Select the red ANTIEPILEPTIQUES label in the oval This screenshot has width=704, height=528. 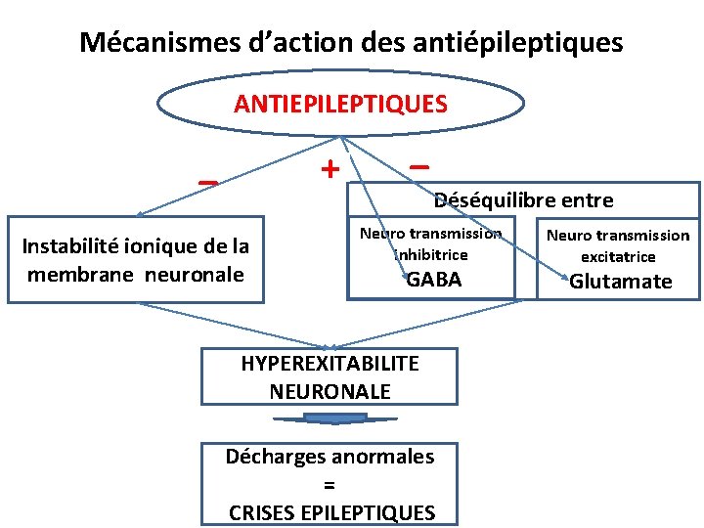pyautogui.click(x=340, y=104)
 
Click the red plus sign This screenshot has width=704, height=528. pyautogui.click(x=330, y=169)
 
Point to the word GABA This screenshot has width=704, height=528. pyautogui.click(x=434, y=280)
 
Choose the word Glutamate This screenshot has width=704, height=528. pyautogui.click(x=621, y=282)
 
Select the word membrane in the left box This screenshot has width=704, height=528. pyautogui.click(x=82, y=274)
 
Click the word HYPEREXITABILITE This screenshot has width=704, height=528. pyautogui.click(x=330, y=363)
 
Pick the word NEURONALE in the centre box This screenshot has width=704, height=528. pyautogui.click(x=330, y=391)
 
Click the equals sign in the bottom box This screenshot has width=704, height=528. pyautogui.click(x=330, y=484)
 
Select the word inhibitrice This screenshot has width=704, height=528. pyautogui.click(x=431, y=254)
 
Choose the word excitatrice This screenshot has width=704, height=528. pyautogui.click(x=618, y=257)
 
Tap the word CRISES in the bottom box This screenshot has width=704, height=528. pyautogui.click(x=257, y=512)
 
